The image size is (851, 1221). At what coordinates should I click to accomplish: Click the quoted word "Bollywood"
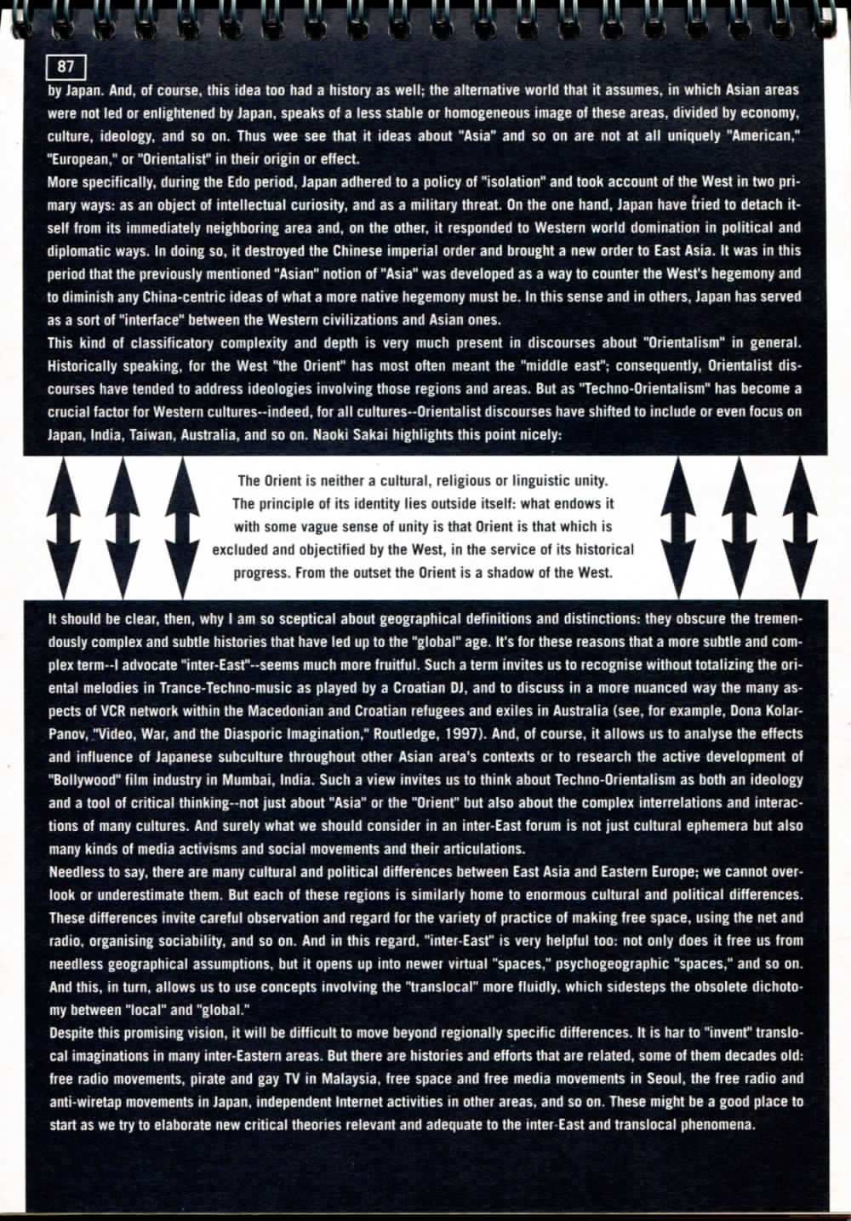pyautogui.click(x=86, y=780)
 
